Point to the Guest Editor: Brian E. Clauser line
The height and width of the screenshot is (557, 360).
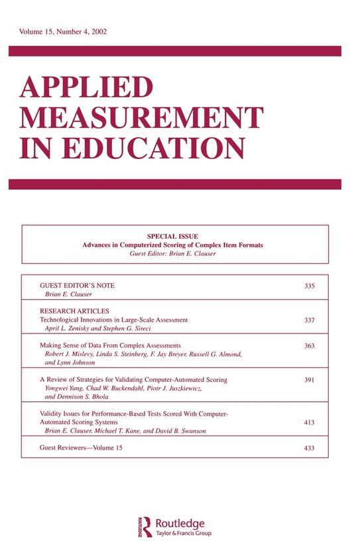[x=173, y=254]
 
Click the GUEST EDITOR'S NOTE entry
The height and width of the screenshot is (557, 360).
[x=78, y=285]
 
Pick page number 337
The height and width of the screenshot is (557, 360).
[x=308, y=320]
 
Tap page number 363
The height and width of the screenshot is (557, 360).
[x=308, y=345]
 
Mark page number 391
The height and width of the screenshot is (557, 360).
[x=308, y=380]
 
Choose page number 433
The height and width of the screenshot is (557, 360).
[x=308, y=449]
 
